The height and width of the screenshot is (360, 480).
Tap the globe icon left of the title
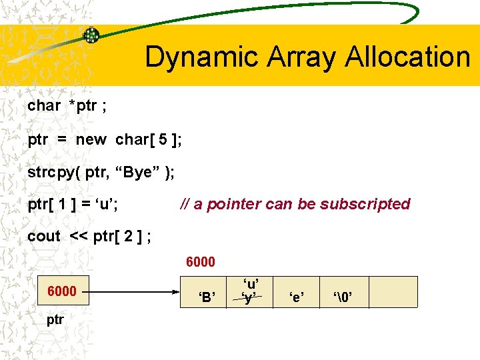pyautogui.click(x=91, y=35)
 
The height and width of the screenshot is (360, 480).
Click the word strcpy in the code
pyautogui.click(x=50, y=173)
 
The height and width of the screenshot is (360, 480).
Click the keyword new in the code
pyautogui.click(x=91, y=140)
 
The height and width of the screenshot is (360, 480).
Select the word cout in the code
pyautogui.click(x=44, y=236)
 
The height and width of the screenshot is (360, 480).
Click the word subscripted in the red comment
pyautogui.click(x=365, y=204)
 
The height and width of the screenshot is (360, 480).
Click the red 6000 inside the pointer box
pyautogui.click(x=61, y=292)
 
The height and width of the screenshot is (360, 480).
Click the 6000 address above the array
pyautogui.click(x=200, y=262)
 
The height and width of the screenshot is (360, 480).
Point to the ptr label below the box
pyautogui.click(x=55, y=319)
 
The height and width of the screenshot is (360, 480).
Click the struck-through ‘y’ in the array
pyautogui.click(x=249, y=299)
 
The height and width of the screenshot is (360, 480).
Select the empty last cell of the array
pyautogui.click(x=393, y=292)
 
